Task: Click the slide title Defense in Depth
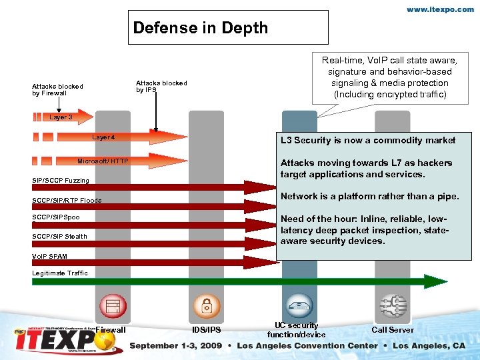(x=200, y=28)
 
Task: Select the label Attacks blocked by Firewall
(x=57, y=89)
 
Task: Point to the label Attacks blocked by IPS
(x=161, y=86)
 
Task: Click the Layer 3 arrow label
(x=61, y=117)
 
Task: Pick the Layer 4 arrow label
(x=103, y=137)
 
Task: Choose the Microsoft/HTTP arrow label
(x=103, y=161)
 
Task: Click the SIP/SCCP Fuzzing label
(x=61, y=181)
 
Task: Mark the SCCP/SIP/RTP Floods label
(x=67, y=201)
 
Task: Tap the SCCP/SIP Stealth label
(x=59, y=237)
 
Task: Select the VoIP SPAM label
(x=49, y=256)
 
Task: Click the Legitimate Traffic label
(x=60, y=273)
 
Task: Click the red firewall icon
(x=113, y=307)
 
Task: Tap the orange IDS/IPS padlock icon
(x=206, y=307)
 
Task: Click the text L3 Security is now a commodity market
(x=368, y=141)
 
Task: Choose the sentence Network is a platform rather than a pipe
(x=369, y=196)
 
